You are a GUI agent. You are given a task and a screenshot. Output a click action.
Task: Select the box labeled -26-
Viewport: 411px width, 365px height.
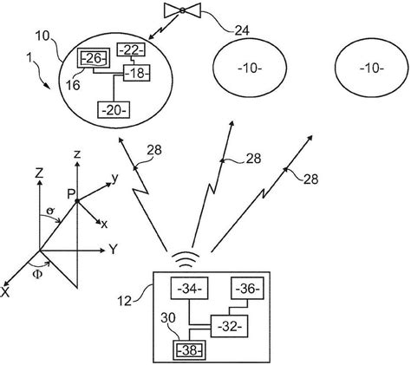click(93, 59)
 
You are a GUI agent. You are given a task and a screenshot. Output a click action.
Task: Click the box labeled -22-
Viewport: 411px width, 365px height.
click(133, 49)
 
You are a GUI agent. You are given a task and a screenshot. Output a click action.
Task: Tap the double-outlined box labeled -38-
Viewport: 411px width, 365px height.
click(188, 351)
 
